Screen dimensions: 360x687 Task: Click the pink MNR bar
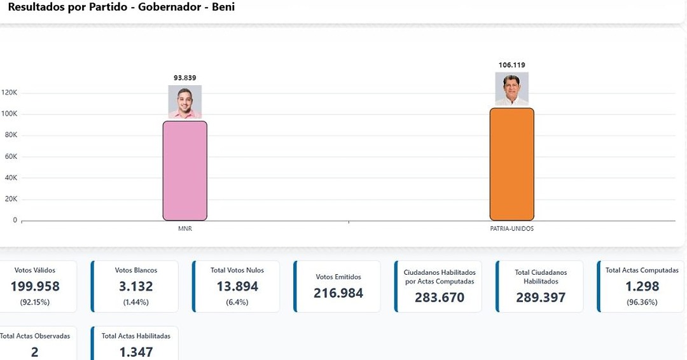pyautogui.click(x=184, y=170)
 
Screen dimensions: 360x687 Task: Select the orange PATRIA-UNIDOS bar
pyautogui.click(x=511, y=164)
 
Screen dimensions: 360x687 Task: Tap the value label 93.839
pyautogui.click(x=184, y=78)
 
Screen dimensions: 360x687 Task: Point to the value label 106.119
pyautogui.click(x=511, y=65)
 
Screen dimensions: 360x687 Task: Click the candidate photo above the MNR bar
pyautogui.click(x=184, y=102)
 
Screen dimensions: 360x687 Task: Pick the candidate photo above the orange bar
pyautogui.click(x=511, y=89)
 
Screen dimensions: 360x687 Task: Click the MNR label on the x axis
pyautogui.click(x=184, y=229)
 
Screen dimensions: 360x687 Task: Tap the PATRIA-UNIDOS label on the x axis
pyautogui.click(x=511, y=229)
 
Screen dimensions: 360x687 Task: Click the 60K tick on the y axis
pyautogui.click(x=11, y=156)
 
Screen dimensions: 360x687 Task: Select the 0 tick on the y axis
pyautogui.click(x=15, y=220)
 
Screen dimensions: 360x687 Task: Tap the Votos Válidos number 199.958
pyautogui.click(x=35, y=286)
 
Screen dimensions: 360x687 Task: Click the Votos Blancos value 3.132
pyautogui.click(x=135, y=286)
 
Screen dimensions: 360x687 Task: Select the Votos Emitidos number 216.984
pyautogui.click(x=338, y=293)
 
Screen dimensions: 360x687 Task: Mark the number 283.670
pyautogui.click(x=440, y=297)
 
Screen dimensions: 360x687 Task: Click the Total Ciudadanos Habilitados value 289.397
pyautogui.click(x=540, y=297)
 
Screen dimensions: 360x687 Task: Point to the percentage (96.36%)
pyautogui.click(x=642, y=302)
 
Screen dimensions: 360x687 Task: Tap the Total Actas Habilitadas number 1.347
pyautogui.click(x=135, y=351)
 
